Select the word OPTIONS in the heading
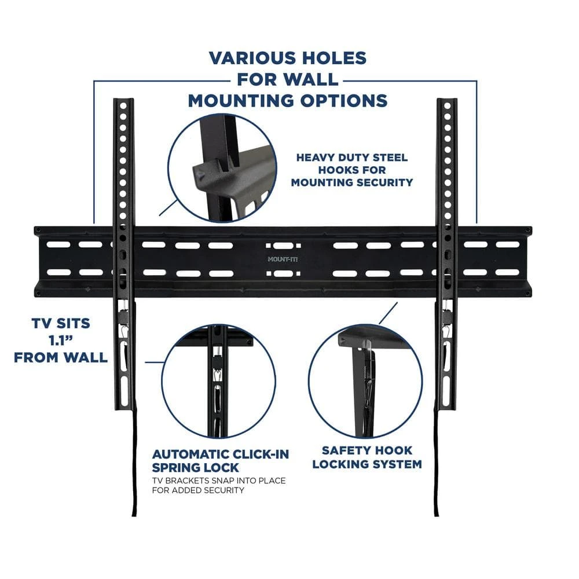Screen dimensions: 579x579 [339, 100]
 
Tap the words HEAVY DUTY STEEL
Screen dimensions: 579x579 [351, 157]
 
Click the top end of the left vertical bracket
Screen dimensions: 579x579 [123, 103]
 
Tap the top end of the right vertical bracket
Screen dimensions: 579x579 [446, 103]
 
